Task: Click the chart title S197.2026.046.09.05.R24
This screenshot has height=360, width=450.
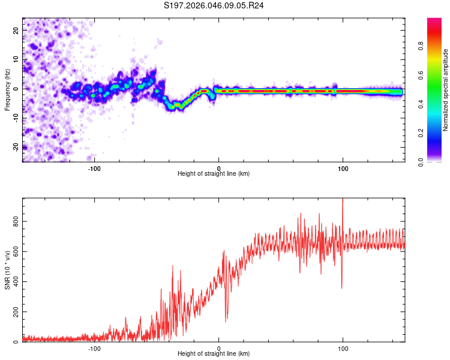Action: [x=215, y=5]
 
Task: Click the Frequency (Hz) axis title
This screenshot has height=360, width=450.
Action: [x=7, y=90]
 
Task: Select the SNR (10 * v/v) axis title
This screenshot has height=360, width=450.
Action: [x=7, y=270]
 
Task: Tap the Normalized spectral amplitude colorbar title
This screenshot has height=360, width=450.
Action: [x=445, y=90]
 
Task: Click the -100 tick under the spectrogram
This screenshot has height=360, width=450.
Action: [x=94, y=168]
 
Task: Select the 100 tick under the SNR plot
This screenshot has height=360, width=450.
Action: [x=343, y=348]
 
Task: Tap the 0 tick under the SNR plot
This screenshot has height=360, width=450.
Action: [x=219, y=348]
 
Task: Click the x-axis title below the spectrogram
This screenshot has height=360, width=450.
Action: [x=214, y=174]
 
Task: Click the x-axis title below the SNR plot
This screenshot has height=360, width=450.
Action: [x=214, y=354]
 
